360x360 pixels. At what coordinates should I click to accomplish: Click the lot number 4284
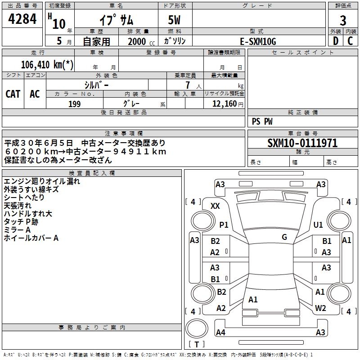(x=22, y=19)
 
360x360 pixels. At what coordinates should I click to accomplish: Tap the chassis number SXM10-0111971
(x=302, y=143)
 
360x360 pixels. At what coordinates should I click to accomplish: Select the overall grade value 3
(x=343, y=21)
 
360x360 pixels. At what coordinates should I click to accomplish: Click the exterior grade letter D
(x=335, y=41)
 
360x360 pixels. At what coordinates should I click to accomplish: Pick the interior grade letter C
(x=350, y=41)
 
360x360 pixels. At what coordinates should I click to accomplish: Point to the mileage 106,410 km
(x=47, y=65)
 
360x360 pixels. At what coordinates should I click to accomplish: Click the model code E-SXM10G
(x=258, y=41)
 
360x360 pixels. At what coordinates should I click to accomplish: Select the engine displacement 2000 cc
(x=141, y=41)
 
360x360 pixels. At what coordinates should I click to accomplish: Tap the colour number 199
(x=75, y=104)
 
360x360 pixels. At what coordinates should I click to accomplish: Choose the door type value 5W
(x=174, y=20)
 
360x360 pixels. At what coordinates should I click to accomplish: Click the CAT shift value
(x=13, y=94)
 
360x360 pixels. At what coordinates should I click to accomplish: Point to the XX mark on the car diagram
(x=215, y=206)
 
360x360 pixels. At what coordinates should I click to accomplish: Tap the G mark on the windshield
(x=284, y=237)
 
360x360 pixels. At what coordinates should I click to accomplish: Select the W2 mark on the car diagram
(x=320, y=308)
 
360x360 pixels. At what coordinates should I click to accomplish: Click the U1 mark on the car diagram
(x=318, y=225)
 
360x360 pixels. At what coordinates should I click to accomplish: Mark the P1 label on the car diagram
(x=224, y=225)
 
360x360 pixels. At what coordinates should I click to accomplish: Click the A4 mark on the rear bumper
(x=220, y=332)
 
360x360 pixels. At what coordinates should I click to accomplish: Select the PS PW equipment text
(x=262, y=121)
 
